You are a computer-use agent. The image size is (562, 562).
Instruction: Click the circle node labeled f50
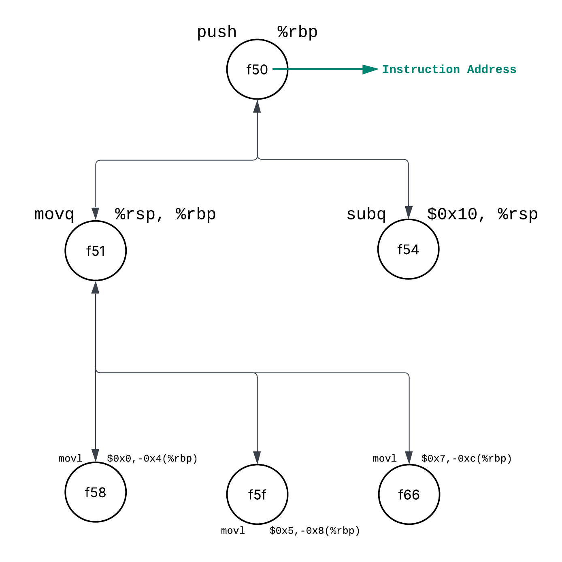(x=257, y=69)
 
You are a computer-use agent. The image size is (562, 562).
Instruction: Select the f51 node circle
(x=96, y=251)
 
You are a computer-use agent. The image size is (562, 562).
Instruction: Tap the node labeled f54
(x=408, y=249)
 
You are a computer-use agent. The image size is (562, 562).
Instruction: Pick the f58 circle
(x=96, y=492)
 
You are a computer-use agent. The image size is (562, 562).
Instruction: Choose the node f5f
(x=257, y=494)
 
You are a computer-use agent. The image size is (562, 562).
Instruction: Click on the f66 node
(x=409, y=494)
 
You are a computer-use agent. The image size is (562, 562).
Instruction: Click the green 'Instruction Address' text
(x=449, y=70)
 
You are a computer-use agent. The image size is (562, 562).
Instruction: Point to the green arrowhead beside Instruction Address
(x=370, y=69)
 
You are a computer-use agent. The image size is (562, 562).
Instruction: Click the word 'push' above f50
(x=217, y=32)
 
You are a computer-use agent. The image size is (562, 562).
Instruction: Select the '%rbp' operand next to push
(x=298, y=32)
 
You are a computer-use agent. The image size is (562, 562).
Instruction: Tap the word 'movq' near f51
(x=54, y=214)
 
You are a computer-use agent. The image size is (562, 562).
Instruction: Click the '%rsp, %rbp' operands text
(x=165, y=214)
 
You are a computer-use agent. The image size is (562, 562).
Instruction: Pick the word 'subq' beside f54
(x=366, y=214)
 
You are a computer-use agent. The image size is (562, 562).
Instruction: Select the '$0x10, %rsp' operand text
(x=482, y=214)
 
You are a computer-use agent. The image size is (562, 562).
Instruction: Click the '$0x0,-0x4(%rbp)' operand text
(x=152, y=458)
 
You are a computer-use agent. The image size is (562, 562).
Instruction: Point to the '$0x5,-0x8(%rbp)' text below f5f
(x=315, y=530)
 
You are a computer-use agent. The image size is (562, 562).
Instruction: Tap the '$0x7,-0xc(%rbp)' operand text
(x=466, y=458)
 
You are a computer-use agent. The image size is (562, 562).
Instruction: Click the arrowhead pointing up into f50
(x=257, y=106)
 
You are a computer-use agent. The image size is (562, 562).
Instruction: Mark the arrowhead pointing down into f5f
(x=257, y=458)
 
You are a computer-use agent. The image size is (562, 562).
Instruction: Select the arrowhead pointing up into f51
(x=96, y=287)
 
